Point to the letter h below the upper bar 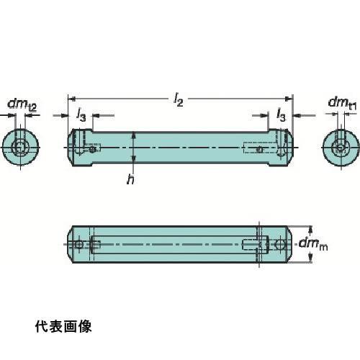click(130, 180)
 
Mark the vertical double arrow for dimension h click(134, 148)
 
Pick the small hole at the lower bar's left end click(78, 245)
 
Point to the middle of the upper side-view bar click(180, 148)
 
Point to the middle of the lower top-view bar click(180, 245)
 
